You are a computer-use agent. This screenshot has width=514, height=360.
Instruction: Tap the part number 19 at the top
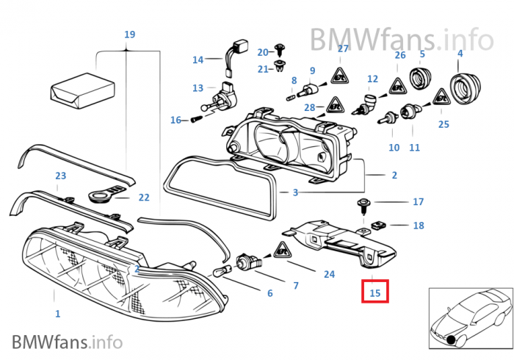pos(129,35)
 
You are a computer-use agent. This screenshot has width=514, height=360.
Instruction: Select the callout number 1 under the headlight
pos(57,314)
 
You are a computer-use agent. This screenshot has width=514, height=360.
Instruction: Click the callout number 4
pos(460,54)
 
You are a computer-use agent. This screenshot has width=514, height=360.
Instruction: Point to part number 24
pos(329,274)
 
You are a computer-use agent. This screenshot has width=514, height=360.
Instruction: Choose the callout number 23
pos(60,176)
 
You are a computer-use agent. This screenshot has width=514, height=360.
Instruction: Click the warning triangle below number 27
pos(340,75)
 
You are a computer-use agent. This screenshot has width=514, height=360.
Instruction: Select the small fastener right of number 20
pos(280,50)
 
